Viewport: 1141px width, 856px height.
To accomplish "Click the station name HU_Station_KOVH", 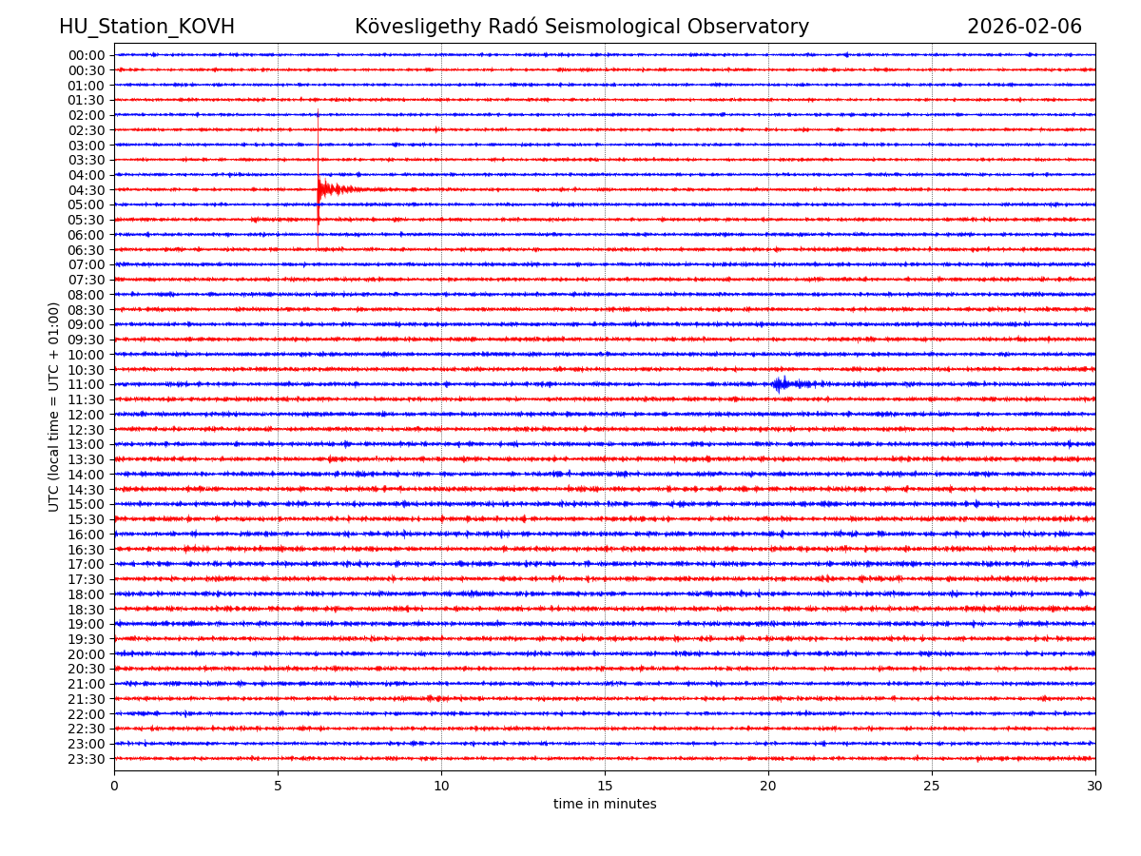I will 146,27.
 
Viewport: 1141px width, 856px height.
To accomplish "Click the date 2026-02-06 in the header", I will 1024,27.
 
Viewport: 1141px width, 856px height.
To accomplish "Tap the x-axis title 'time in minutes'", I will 605,805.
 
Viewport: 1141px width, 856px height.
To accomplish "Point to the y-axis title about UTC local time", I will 54,407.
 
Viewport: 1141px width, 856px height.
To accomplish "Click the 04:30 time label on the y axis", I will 87,190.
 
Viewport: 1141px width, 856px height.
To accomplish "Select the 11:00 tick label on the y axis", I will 87,384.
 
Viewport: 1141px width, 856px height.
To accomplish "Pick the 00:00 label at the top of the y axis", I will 87,55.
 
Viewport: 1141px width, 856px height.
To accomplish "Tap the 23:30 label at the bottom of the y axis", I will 87,759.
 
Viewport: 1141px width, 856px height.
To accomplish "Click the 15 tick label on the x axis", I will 605,787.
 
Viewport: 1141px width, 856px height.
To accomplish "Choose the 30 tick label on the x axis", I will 1095,787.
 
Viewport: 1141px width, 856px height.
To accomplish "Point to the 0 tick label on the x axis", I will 114,787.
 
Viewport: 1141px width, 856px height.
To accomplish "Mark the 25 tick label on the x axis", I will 932,787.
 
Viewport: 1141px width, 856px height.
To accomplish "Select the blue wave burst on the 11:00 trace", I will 781,384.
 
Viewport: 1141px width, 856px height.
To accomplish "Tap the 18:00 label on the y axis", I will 87,594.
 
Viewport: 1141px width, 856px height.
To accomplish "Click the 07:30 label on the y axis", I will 87,280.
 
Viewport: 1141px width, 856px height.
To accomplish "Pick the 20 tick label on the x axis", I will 768,787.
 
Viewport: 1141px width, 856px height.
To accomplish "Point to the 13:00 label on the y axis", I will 87,444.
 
